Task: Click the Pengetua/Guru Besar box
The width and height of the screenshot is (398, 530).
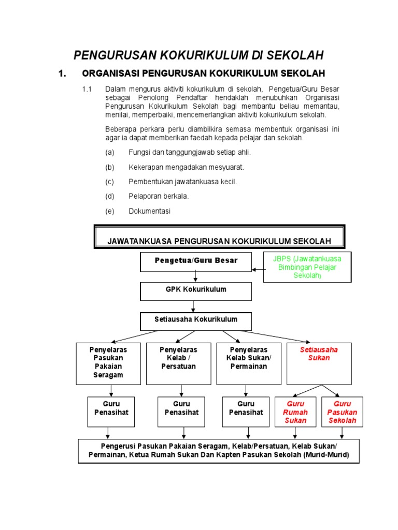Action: (196, 261)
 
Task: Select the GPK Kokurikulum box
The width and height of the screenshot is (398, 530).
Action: (196, 290)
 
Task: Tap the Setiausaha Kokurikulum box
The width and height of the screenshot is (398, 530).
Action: (196, 320)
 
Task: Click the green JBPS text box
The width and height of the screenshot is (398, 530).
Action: (307, 267)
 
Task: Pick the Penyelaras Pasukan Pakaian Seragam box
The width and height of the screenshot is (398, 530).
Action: (108, 363)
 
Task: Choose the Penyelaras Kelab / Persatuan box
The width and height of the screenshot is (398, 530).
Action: (178, 363)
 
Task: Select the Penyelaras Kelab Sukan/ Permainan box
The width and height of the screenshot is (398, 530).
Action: (248, 363)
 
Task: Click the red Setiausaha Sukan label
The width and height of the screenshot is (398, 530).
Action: (319, 354)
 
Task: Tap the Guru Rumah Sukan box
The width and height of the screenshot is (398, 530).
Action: (295, 412)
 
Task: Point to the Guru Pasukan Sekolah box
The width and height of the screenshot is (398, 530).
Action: (342, 412)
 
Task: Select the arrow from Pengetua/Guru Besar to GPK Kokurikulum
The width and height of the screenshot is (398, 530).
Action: (196, 277)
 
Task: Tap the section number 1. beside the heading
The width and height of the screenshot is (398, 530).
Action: (63, 73)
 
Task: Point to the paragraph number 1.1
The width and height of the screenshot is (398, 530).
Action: (87, 89)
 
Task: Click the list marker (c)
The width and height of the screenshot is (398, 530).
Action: (109, 182)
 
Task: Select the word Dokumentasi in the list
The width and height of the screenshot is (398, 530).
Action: (149, 211)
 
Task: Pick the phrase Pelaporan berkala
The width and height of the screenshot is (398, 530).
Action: (159, 197)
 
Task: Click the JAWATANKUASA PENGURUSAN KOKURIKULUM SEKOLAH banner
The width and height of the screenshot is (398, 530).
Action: (219, 241)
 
